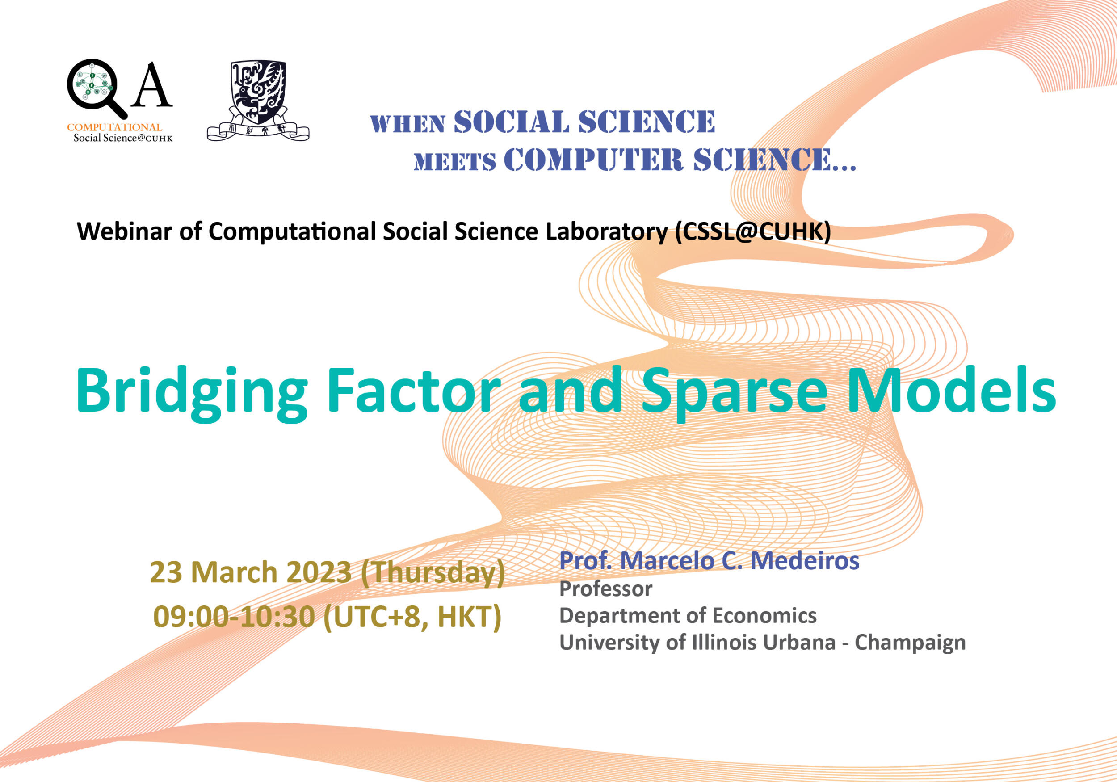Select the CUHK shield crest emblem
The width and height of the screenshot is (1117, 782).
pyautogui.click(x=258, y=100)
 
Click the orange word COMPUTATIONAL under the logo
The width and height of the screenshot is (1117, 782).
pyautogui.click(x=114, y=127)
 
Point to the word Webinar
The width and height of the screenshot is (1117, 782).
pyautogui.click(x=124, y=231)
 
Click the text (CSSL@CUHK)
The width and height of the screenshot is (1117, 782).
pyautogui.click(x=752, y=231)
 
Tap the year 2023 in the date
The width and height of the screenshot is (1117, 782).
pyautogui.click(x=319, y=572)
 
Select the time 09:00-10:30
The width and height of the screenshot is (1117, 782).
pyautogui.click(x=234, y=617)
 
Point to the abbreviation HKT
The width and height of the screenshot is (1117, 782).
pyautogui.click(x=469, y=618)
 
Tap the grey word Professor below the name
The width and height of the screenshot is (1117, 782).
pyautogui.click(x=606, y=589)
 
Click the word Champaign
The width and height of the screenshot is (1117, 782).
pyautogui.click(x=910, y=643)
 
